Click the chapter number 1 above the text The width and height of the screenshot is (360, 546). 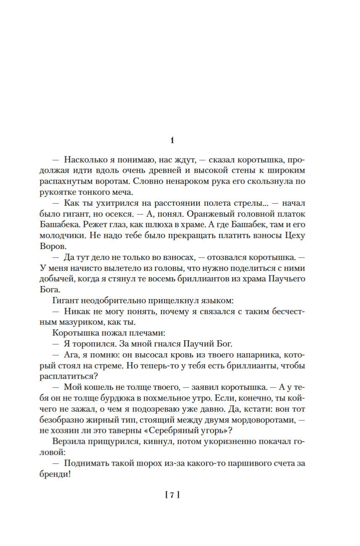pyautogui.click(x=172, y=141)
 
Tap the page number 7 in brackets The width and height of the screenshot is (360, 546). pyautogui.click(x=172, y=495)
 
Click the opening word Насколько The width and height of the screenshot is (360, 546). pyautogui.click(x=86, y=160)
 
